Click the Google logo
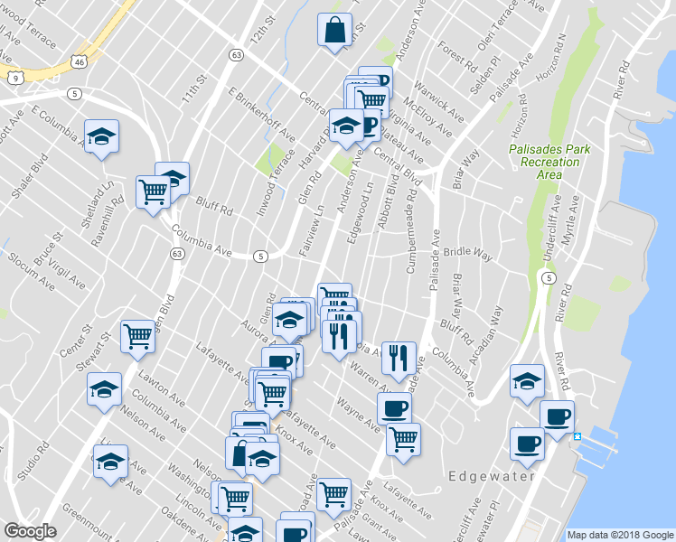point(30,531)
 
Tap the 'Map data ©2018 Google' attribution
point(620,535)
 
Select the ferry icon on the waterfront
point(577,436)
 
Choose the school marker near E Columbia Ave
point(101,137)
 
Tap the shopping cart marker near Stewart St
point(138,336)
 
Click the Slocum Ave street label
point(26,255)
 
